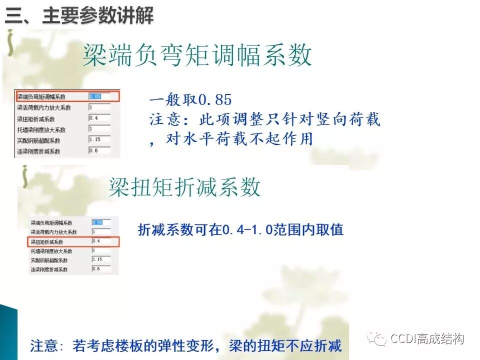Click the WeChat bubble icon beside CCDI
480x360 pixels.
376,339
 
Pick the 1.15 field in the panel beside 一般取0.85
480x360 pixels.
99,140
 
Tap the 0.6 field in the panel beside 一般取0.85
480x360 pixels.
99,151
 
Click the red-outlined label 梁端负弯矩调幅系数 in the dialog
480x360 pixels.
41,96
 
